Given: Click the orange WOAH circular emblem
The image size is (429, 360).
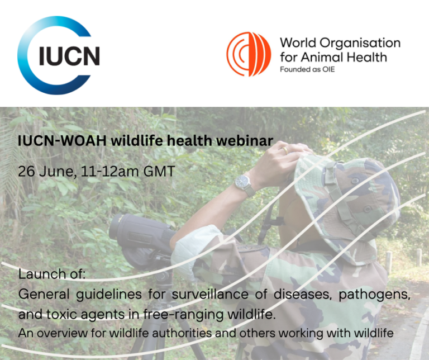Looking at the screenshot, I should (249, 54).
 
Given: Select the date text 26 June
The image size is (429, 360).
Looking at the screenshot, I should (47, 170).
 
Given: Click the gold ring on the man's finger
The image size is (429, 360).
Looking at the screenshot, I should (285, 150).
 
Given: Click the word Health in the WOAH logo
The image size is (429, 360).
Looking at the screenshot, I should (369, 57).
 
